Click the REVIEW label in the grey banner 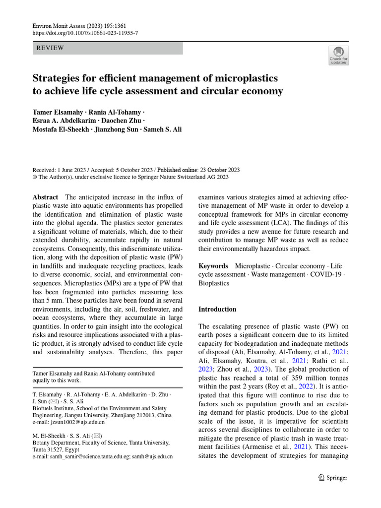tap(50, 48)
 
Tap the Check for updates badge tap(338, 55)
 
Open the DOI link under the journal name tap(85, 32)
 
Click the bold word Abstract tap(45, 197)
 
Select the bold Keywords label tap(213, 266)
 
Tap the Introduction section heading tap(217, 309)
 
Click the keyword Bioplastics tap(214, 283)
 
